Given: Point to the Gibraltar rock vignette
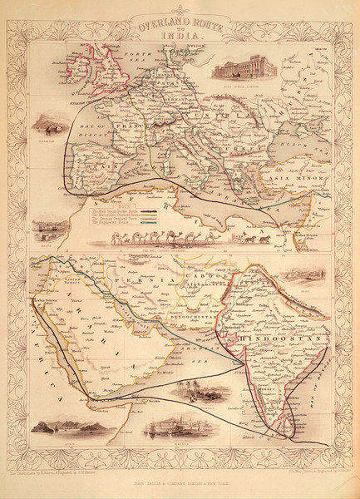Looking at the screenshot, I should (x=51, y=125).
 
